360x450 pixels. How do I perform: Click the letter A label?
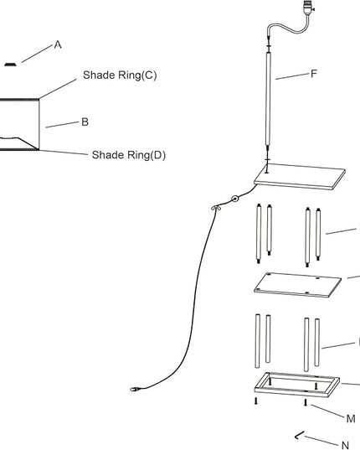(x=58, y=44)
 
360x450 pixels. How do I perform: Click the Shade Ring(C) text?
(x=120, y=75)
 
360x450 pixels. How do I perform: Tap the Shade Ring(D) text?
(x=129, y=155)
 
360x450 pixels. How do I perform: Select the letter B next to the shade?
(x=85, y=122)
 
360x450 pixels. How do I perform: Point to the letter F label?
(x=314, y=74)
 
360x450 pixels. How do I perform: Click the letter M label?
(x=351, y=419)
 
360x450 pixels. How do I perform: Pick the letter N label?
(x=346, y=445)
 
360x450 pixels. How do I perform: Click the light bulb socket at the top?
(x=309, y=8)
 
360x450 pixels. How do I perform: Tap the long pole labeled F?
(x=268, y=99)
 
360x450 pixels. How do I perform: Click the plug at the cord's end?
(x=135, y=390)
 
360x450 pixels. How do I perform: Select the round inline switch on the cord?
(x=235, y=199)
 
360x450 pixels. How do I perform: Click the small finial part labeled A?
(x=11, y=65)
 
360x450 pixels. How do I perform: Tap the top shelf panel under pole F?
(x=300, y=177)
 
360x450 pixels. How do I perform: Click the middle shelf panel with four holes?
(x=297, y=285)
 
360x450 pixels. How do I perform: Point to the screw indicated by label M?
(x=306, y=402)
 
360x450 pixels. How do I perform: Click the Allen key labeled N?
(x=299, y=436)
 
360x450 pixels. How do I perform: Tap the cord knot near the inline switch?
(x=216, y=208)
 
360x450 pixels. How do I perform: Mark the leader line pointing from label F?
(x=292, y=76)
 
